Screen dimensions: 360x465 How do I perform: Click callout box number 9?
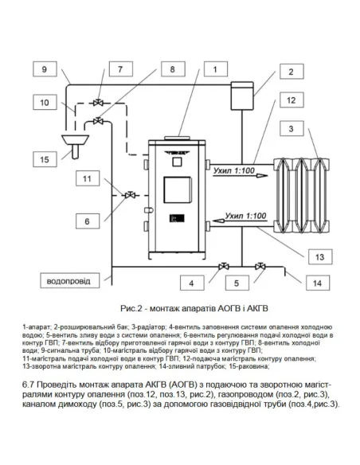pos(45,69)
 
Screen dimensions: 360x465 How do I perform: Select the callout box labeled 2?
pos(292,71)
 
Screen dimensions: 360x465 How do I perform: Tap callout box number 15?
pos(45,159)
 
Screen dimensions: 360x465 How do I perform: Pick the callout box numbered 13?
pos(320,256)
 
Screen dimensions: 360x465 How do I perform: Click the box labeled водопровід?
pos(69,280)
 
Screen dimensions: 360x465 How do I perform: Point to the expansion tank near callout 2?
pos(243,96)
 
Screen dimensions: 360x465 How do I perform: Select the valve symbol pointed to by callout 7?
pos(98,103)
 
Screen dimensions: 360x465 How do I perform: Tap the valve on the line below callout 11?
pos(130,195)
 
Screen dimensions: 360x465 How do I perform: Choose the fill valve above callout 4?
pos(224,266)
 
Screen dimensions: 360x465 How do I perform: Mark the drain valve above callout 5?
pos(260,266)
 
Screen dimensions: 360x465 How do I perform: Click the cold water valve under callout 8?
pos(98,121)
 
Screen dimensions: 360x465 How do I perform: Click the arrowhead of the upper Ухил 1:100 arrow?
pos(262,176)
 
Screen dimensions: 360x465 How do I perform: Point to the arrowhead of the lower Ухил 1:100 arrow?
pos(219,221)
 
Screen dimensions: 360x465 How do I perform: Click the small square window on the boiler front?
pos(177,162)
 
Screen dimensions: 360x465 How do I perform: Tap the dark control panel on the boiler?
pos(177,218)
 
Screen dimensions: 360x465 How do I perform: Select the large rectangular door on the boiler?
pos(178,190)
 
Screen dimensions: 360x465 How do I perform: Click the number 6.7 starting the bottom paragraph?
pos(29,385)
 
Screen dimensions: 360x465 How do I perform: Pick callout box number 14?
pos(318,283)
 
